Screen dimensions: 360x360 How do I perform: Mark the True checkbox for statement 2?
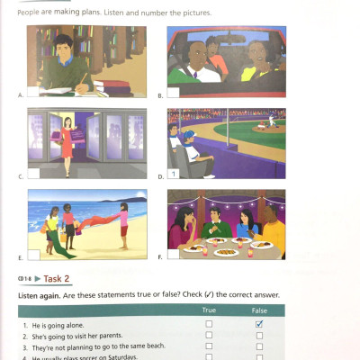pos(209,334)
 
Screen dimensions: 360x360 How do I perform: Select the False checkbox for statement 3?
pos(259,346)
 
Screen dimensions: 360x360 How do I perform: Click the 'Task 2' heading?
pos(59,280)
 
